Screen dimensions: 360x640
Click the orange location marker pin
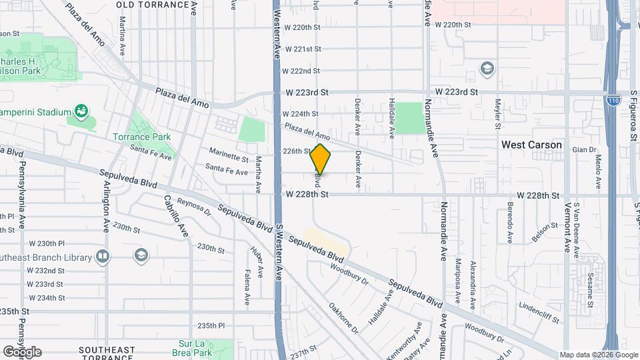click(x=321, y=159)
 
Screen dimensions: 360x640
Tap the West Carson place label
click(x=531, y=145)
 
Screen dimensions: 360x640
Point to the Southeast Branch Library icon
click(x=102, y=256)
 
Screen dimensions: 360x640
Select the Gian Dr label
click(x=583, y=150)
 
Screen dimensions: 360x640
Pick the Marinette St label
click(x=228, y=158)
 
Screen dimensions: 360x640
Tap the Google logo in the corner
click(x=22, y=351)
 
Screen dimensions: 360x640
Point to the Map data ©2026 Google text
click(x=598, y=355)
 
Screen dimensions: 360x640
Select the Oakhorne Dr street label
click(x=343, y=319)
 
